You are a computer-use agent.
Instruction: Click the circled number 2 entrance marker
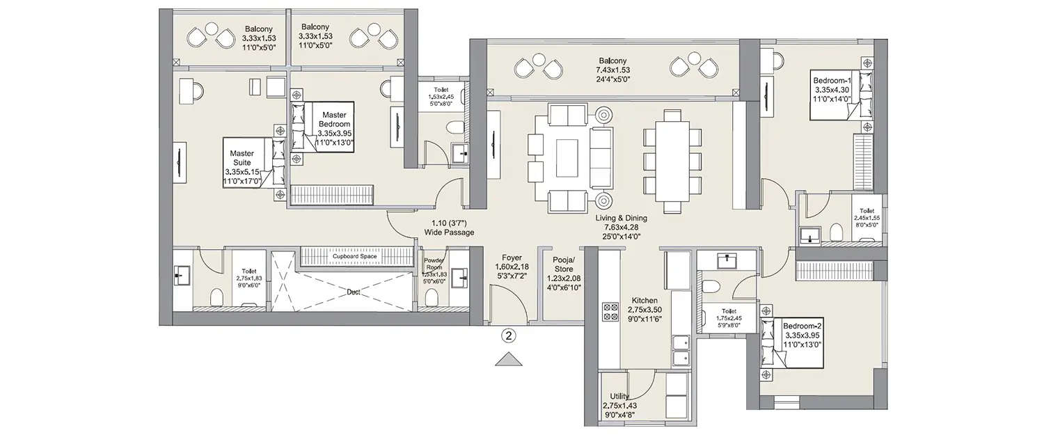point(509,336)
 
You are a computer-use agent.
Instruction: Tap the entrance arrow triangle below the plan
point(509,359)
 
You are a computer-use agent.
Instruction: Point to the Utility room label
point(619,404)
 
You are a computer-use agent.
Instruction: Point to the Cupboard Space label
point(354,257)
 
